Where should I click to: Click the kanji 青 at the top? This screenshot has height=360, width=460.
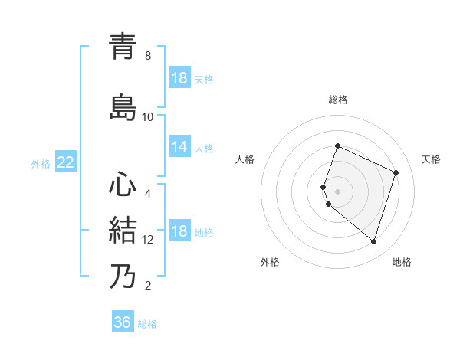pos(123,46)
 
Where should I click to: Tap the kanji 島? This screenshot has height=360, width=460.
pos(123,106)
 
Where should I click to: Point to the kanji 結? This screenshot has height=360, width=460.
pos(123,230)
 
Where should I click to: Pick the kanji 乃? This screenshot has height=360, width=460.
pos(123,276)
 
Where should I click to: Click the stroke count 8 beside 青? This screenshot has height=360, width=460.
pos(148,56)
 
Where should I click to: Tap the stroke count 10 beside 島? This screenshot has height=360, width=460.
pos(148,116)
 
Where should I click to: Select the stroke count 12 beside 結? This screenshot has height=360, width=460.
pos(148,240)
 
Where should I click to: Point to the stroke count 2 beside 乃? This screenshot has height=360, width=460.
pos(148,286)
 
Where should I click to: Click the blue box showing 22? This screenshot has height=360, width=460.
pos(65,162)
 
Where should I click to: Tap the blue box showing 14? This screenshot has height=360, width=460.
pos(179,148)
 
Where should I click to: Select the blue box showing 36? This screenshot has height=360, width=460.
pos(123,322)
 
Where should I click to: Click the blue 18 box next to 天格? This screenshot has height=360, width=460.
pos(179,78)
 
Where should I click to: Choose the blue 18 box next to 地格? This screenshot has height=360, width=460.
pos(179,232)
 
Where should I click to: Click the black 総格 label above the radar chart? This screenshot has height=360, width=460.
pos(338,100)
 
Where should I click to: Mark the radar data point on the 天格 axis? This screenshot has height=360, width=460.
pos(396,172)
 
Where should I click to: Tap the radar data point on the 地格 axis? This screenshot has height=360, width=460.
pos(373,241)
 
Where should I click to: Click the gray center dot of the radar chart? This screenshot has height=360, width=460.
pos(338,191)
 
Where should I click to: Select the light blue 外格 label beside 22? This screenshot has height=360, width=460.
pos(41,163)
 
